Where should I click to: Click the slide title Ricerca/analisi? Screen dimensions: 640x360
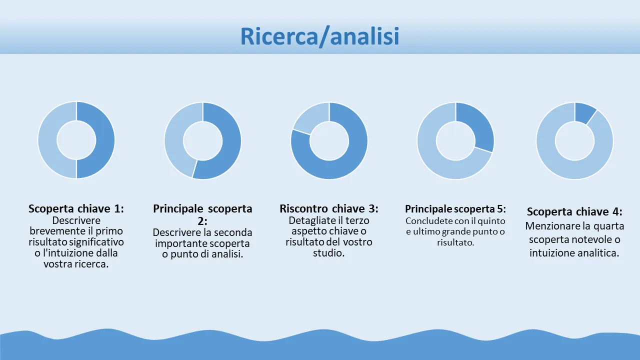click(x=319, y=36)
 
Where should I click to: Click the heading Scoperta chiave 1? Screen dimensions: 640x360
click(x=76, y=208)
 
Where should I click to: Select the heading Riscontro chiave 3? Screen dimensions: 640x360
click(x=329, y=208)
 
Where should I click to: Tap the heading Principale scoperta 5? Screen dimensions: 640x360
click(x=455, y=209)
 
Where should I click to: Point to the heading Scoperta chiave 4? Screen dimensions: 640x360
click(x=574, y=211)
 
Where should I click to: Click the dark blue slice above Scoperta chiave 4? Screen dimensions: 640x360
click(x=584, y=112)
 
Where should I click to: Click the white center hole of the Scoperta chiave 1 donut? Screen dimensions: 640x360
click(x=76, y=140)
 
